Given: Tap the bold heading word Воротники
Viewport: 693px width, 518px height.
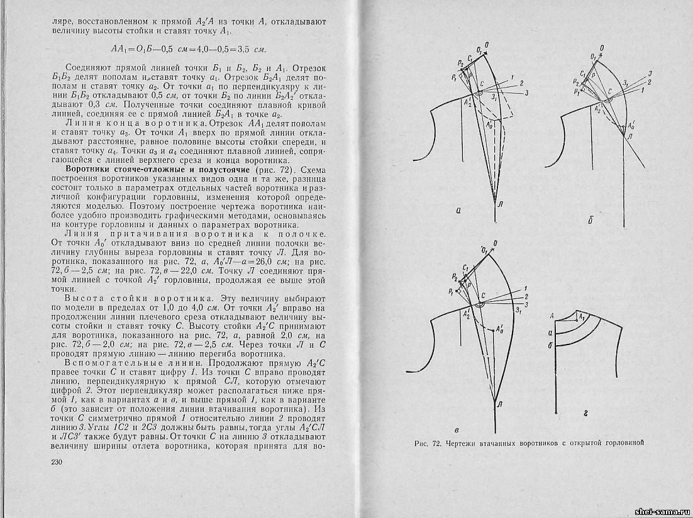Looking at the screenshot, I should click(89, 170).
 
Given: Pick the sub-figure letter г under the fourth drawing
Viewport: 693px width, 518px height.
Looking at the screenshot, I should click(584, 414).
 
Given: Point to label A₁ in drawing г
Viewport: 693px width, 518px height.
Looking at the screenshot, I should click(582, 318).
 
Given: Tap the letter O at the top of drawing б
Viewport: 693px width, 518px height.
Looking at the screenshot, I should click(602, 48).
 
